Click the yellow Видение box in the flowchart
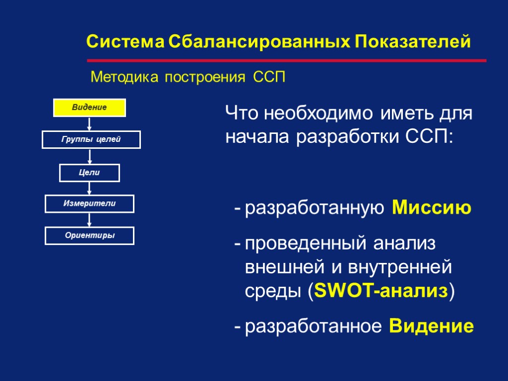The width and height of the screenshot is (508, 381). (x=90, y=108)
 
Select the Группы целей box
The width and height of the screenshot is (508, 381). (x=91, y=140)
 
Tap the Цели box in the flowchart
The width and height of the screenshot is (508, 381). (x=90, y=173)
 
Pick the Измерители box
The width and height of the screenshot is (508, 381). (x=90, y=204)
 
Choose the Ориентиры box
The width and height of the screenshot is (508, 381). (x=90, y=236)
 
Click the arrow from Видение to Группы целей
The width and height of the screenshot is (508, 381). (x=90, y=124)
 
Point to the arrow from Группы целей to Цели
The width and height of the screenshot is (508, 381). (x=90, y=156)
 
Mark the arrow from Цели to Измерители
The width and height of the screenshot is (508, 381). (x=90, y=189)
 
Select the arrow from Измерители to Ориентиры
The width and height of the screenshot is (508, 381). (x=90, y=220)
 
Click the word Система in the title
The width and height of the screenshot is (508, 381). (x=125, y=42)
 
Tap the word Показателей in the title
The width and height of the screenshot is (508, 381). (x=413, y=42)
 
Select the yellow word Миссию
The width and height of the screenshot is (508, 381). (x=432, y=208)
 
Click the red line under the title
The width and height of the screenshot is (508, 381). (x=287, y=61)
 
